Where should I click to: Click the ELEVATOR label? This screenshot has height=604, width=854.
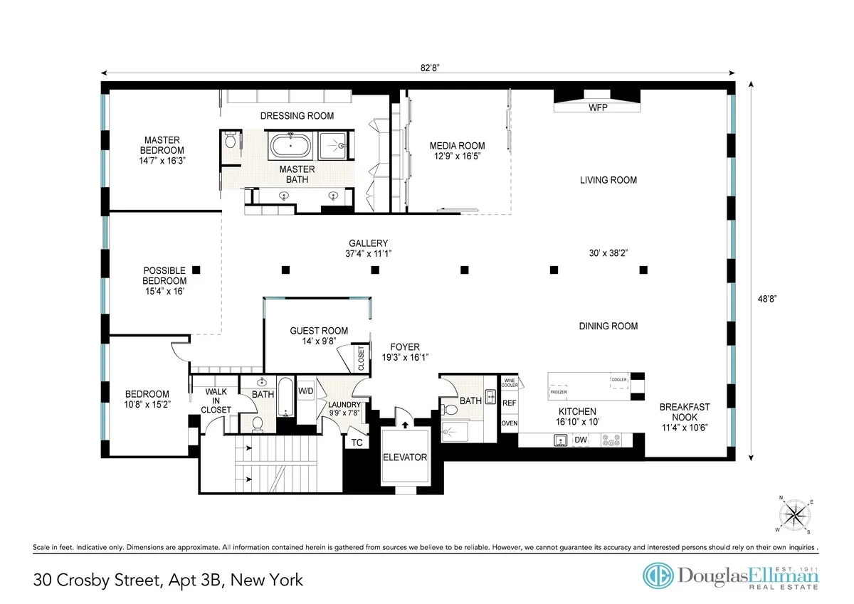[405, 457]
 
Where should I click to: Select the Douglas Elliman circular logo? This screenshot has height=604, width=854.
[658, 576]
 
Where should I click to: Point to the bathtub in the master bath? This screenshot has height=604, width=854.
[290, 148]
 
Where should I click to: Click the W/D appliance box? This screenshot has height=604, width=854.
[305, 391]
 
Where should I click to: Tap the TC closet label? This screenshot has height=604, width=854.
[357, 442]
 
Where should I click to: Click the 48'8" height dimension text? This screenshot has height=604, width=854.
[765, 300]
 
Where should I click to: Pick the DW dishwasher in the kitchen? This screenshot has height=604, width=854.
[580, 440]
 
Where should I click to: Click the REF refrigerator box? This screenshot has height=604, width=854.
[510, 403]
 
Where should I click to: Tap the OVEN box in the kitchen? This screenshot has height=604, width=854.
[510, 423]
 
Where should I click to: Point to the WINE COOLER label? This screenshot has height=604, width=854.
[510, 383]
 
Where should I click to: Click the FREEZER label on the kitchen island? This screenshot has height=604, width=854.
[559, 392]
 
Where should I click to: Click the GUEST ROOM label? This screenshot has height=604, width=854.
[319, 336]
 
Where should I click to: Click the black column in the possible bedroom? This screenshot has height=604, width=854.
[197, 270]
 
